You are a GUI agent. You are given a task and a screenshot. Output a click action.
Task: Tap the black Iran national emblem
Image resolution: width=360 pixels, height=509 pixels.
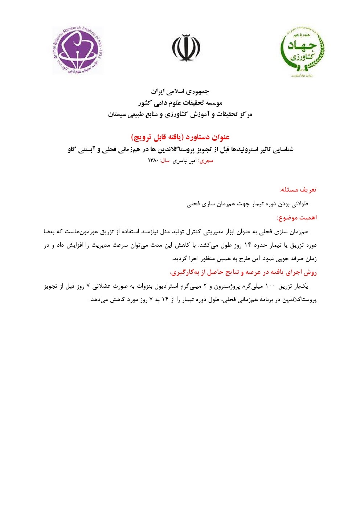(x=186, y=48)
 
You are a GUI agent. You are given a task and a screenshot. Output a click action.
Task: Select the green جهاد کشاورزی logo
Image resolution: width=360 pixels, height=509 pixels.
(x=302, y=51)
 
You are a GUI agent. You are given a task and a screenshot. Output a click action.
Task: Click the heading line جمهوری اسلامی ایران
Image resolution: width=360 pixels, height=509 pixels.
(x=180, y=91)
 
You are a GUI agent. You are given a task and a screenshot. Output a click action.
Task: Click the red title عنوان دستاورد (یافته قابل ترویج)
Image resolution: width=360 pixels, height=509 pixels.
(x=180, y=137)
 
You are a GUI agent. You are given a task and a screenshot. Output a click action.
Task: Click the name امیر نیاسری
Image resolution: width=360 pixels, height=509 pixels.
(x=184, y=161)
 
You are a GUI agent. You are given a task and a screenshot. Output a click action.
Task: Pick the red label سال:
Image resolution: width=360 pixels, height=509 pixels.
(x=165, y=161)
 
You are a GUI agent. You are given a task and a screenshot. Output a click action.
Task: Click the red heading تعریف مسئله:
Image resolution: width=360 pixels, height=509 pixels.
(x=298, y=190)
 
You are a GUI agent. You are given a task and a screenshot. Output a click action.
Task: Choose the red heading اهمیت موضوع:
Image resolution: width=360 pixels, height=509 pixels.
(x=297, y=218)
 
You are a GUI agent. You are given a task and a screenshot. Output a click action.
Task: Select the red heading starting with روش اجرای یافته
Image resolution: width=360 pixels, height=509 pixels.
(x=243, y=272)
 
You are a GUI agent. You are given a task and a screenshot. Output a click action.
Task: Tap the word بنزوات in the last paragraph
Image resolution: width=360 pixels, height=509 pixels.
(x=143, y=286)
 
